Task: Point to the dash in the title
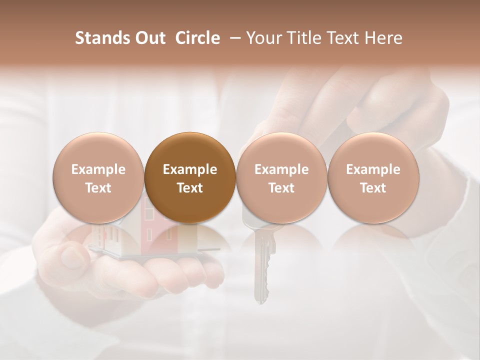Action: click(x=233, y=38)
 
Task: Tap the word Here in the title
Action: click(x=384, y=38)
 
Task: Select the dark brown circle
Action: click(x=190, y=177)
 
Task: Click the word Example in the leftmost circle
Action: click(x=98, y=169)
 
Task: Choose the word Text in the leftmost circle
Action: click(x=98, y=188)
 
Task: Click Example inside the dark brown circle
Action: click(x=190, y=169)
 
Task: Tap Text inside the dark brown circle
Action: click(x=190, y=188)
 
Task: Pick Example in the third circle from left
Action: click(x=281, y=169)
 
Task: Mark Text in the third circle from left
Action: click(x=281, y=188)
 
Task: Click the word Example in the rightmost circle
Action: click(x=373, y=169)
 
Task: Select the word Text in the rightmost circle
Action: click(x=373, y=188)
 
